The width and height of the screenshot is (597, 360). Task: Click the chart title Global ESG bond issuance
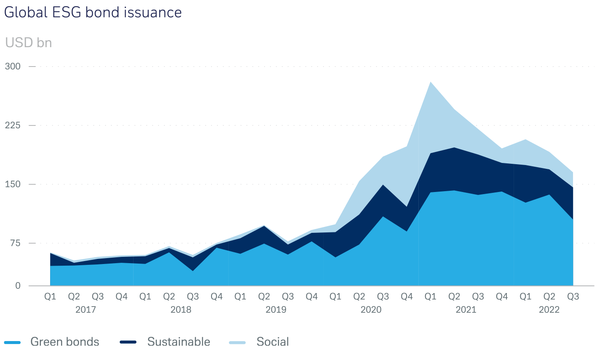[93, 12]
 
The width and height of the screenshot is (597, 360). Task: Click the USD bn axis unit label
[28, 43]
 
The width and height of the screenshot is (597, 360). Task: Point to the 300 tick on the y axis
[12, 67]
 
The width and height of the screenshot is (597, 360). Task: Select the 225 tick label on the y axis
[12, 125]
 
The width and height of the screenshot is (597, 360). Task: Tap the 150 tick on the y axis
[12, 184]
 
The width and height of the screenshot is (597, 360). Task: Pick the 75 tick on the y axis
[15, 243]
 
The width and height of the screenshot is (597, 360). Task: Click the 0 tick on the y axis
[18, 286]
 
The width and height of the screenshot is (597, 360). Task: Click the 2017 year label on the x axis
[86, 310]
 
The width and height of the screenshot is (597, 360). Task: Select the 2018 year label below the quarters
[181, 310]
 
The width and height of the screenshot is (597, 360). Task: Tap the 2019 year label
[276, 310]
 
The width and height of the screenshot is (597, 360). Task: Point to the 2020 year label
[371, 310]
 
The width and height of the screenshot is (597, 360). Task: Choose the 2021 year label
[466, 310]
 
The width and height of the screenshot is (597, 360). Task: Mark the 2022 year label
[549, 310]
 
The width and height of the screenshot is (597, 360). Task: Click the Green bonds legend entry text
[65, 341]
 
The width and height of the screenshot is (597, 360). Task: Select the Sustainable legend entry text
[179, 341]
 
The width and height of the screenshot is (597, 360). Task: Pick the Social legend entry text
[273, 341]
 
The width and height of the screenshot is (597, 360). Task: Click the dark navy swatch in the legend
[128, 342]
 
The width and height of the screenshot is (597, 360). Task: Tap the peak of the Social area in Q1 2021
[430, 83]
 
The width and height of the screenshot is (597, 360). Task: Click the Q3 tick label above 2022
[573, 296]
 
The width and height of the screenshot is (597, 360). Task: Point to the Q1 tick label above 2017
[50, 296]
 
